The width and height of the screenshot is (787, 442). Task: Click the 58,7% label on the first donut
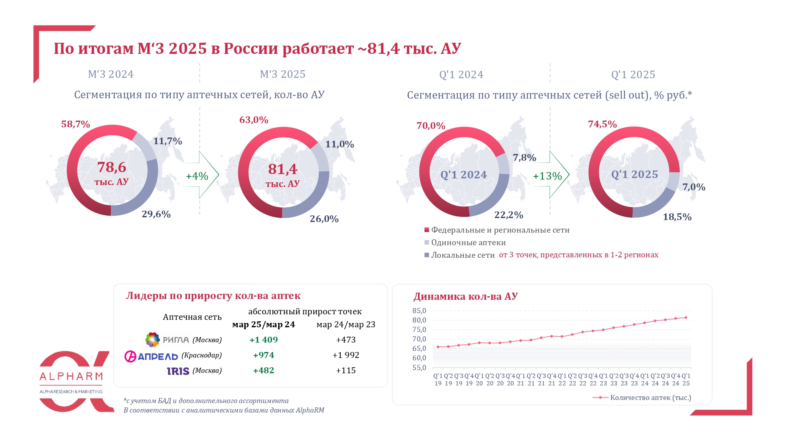pos(76,124)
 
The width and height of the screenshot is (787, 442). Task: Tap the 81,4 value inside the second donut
pos(283,169)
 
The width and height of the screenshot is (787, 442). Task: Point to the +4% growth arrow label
pos(197,176)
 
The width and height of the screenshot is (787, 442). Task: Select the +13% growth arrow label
pos(547,176)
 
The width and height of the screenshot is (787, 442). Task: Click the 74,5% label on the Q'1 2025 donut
pos(602,124)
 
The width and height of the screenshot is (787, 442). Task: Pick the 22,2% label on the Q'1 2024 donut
pos(508,215)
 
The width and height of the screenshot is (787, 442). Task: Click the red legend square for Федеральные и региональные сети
pos(427,230)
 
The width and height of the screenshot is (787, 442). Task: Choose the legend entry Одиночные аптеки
pos(468,242)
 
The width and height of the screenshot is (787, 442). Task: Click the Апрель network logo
pos(151,356)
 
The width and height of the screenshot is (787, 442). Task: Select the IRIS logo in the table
pos(178,371)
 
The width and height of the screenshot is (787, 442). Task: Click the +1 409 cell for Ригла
pos(264,339)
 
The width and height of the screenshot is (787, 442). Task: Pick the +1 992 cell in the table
pos(345,355)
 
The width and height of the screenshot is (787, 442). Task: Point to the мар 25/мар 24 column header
pos(263,325)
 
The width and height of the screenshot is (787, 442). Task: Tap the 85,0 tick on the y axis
pos(419,311)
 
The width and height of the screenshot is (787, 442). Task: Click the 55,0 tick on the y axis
pos(419,368)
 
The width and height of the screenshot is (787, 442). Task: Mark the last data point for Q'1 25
pos(686,317)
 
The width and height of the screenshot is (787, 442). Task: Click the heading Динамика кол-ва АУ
pos(465,296)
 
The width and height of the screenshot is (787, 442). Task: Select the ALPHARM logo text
pos(71,376)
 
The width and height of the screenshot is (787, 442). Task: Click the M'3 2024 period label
pos(111,74)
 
